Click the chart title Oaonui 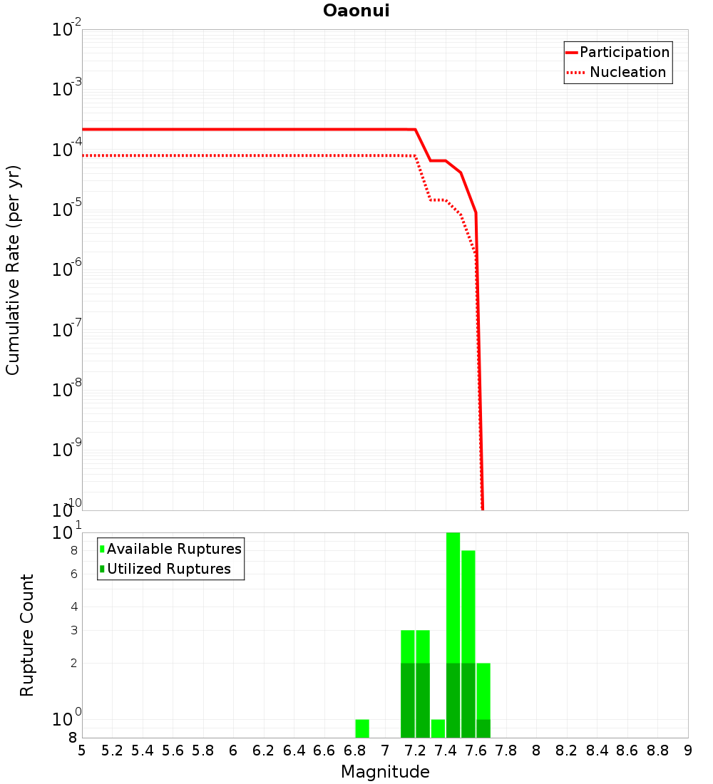356,11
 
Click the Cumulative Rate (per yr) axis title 13,269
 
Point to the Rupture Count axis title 27,635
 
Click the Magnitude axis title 385,771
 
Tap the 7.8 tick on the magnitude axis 506,751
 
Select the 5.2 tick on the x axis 113,751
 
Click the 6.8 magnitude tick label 355,751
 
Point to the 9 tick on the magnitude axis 688,751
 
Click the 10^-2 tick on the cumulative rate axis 67,30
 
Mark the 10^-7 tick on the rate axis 67,330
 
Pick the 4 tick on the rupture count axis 73,607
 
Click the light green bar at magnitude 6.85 362,728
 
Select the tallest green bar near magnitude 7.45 453,634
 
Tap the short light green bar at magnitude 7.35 438,728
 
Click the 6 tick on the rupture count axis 73,574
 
